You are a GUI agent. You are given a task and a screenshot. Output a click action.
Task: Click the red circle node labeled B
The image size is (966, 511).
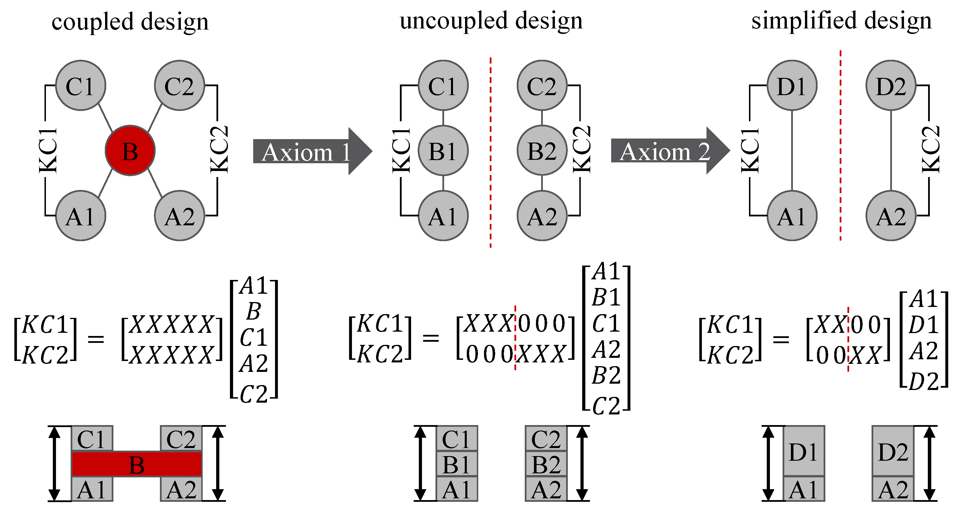[130, 151]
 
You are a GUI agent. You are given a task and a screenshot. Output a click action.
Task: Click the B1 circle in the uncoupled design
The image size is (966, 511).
[443, 151]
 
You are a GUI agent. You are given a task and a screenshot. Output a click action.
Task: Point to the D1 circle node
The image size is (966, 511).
[792, 86]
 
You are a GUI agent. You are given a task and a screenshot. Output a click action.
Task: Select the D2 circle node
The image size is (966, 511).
[890, 86]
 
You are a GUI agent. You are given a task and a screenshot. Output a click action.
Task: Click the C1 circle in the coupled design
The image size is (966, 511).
[81, 86]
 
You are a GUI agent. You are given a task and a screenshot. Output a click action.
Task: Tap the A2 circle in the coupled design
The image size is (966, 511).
[180, 216]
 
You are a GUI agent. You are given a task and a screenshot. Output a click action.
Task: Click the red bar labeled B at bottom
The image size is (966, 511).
[137, 464]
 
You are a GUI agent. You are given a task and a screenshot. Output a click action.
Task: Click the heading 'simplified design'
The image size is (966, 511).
[841, 21]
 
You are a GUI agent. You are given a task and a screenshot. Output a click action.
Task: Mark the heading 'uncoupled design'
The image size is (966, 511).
[491, 21]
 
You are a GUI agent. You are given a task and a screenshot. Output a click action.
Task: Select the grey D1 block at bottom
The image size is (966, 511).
[803, 451]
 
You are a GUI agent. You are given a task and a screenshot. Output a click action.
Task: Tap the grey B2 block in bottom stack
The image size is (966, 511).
[546, 464]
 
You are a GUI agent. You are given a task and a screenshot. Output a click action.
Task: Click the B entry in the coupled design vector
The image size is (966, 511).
[254, 311]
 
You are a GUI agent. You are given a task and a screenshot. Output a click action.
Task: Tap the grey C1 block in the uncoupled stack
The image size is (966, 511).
[456, 439]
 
